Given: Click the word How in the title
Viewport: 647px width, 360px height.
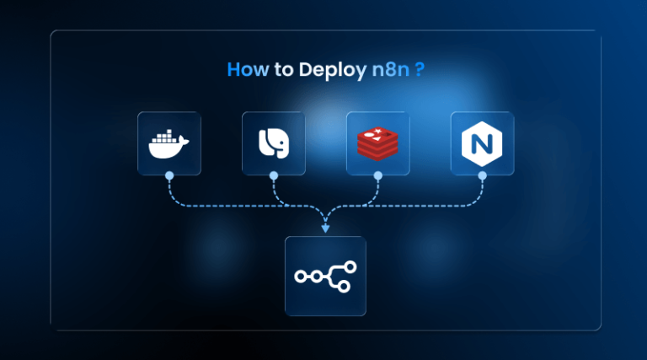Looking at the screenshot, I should coord(247,70).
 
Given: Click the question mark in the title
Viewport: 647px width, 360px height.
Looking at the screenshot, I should coord(418,70).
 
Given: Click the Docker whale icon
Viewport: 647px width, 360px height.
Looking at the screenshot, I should coord(168,144).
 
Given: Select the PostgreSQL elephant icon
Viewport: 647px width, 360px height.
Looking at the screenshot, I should coord(273,144).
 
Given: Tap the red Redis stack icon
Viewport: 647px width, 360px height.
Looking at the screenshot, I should coord(377,144).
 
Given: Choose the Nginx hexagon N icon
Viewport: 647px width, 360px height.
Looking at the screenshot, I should coord(481,144).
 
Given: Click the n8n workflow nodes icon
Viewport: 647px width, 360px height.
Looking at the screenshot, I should coord(325,276).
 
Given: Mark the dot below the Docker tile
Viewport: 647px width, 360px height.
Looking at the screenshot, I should coord(169,176).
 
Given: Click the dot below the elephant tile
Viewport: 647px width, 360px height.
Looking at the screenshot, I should coord(273,176).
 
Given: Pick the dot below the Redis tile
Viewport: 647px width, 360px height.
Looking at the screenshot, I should coord(377,176).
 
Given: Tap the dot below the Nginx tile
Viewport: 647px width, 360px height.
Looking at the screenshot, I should coord(482,176).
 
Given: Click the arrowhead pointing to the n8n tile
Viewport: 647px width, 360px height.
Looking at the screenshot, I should coord(325,228).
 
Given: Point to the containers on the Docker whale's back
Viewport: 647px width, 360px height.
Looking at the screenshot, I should coord(164,136).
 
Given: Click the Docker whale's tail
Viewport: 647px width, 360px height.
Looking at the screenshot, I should coord(185,141).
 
